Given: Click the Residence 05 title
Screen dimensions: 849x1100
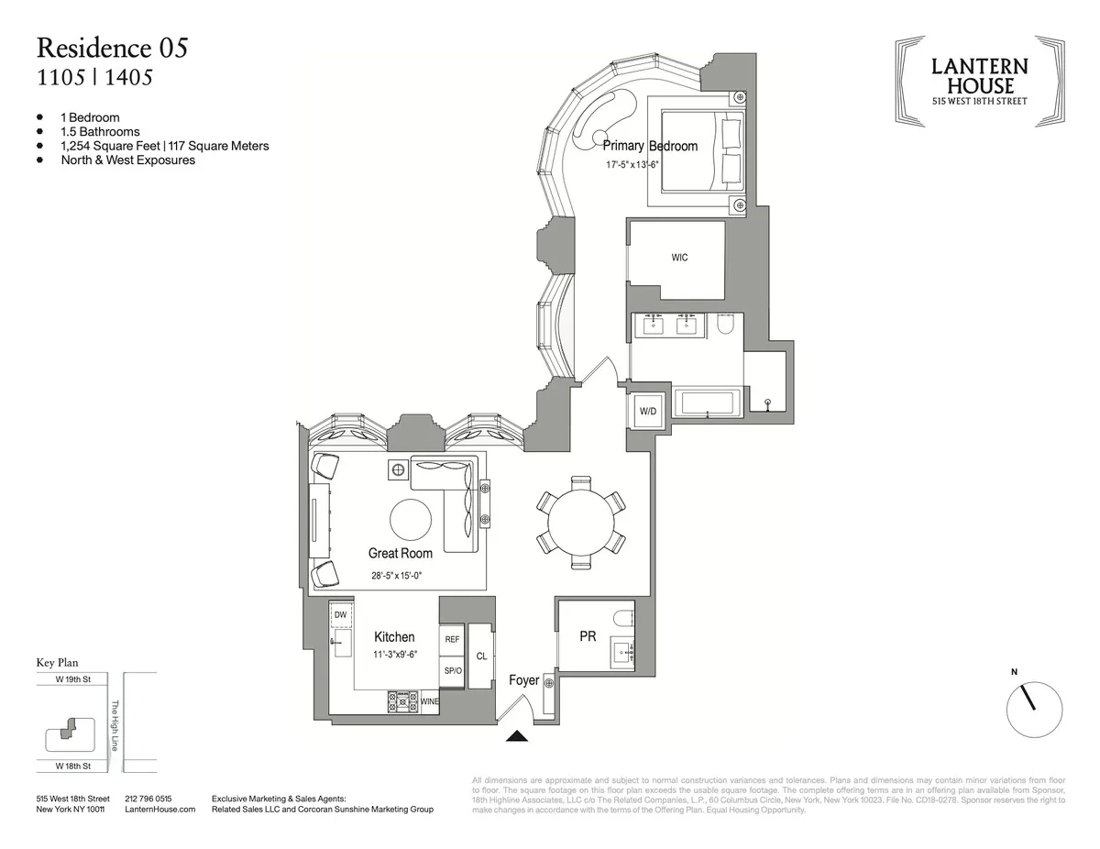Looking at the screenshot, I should (x=112, y=48).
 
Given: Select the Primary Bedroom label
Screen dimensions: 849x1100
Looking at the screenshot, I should (x=650, y=146).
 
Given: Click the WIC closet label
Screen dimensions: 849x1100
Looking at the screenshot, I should (x=679, y=258).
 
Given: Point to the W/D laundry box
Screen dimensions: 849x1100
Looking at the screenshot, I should (x=646, y=410).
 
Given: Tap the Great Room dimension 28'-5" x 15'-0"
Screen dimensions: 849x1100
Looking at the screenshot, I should (x=401, y=576).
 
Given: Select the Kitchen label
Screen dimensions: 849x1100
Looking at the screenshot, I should (x=394, y=636).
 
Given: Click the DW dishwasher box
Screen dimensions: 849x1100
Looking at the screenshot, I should (x=340, y=614).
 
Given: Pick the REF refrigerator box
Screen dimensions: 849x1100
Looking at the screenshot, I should (x=452, y=640).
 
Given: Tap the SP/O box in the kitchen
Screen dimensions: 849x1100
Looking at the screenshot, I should (x=452, y=671).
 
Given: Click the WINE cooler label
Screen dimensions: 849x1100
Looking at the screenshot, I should (x=429, y=701).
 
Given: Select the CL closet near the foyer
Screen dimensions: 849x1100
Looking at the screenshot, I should (x=481, y=656).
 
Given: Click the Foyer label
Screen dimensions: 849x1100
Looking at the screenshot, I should (x=524, y=680).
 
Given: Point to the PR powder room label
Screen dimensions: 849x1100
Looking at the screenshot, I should (x=588, y=635).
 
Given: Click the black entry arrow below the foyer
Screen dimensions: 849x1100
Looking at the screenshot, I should (x=518, y=734).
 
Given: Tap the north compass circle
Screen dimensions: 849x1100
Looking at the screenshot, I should (x=1035, y=709).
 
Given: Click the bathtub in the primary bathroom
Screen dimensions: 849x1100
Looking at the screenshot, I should (x=707, y=403).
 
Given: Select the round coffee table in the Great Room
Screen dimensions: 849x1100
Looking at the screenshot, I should (x=411, y=521).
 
